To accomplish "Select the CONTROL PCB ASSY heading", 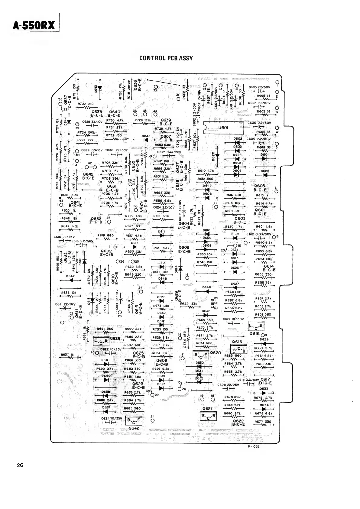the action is click(x=166, y=58).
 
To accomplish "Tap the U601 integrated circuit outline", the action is click(x=223, y=127).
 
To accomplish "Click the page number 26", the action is click(x=20, y=465).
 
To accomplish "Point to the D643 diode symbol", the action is click(x=99, y=88).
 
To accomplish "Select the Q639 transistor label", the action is click(x=166, y=120).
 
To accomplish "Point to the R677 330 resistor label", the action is click(x=263, y=421).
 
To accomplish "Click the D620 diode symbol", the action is click(x=217, y=156).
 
